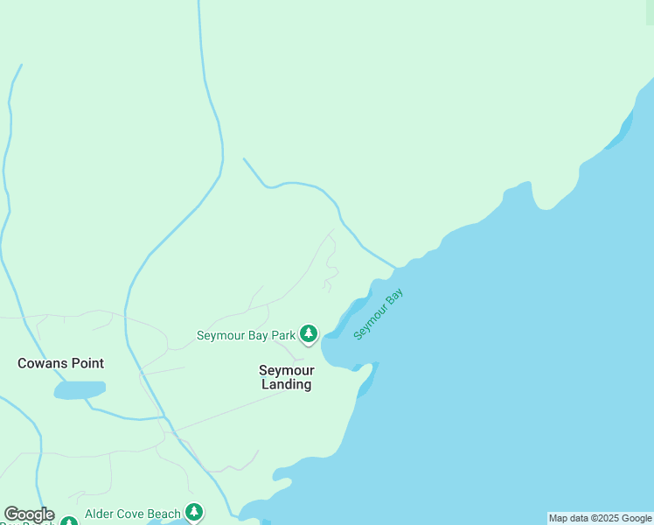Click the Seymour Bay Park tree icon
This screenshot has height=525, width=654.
308,333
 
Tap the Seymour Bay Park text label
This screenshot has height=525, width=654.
247,335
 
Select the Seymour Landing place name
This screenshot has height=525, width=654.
285,377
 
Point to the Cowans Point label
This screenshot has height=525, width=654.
61,363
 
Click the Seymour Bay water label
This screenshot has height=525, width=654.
379,315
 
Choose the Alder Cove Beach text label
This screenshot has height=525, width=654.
133,514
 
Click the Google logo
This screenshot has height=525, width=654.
29,514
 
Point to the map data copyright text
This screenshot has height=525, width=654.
600,518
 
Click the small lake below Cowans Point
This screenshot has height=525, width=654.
80,389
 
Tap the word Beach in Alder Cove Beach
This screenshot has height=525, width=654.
164,514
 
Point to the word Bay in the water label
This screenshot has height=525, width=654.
395,299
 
